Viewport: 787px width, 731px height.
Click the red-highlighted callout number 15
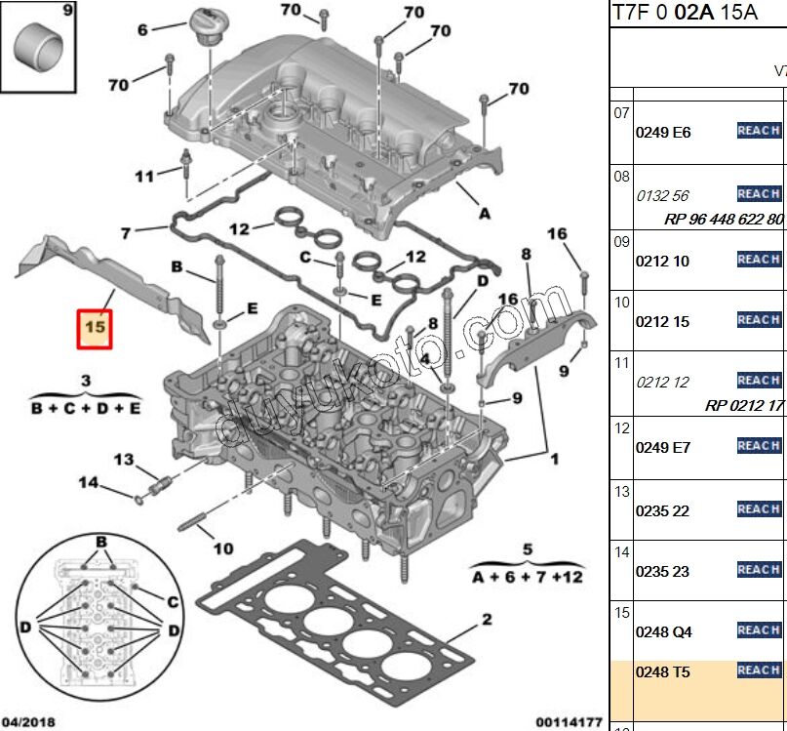pos(96,329)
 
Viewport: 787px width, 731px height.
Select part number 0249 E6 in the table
pos(663,133)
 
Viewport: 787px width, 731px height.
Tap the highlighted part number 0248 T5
pos(663,671)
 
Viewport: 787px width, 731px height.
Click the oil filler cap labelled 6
pos(205,24)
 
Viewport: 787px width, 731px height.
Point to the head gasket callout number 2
pos(486,620)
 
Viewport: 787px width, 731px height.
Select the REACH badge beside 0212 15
pos(759,320)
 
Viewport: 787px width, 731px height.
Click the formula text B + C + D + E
pos(86,408)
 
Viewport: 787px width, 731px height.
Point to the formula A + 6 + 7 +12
pos(527,577)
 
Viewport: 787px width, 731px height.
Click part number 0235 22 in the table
pos(663,510)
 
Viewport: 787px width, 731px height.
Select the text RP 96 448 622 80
pos(725,220)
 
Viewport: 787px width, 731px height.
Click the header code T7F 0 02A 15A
pos(683,13)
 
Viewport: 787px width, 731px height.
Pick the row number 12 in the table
pos(621,426)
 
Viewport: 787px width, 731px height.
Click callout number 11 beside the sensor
pos(144,177)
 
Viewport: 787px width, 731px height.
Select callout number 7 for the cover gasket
pos(125,233)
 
